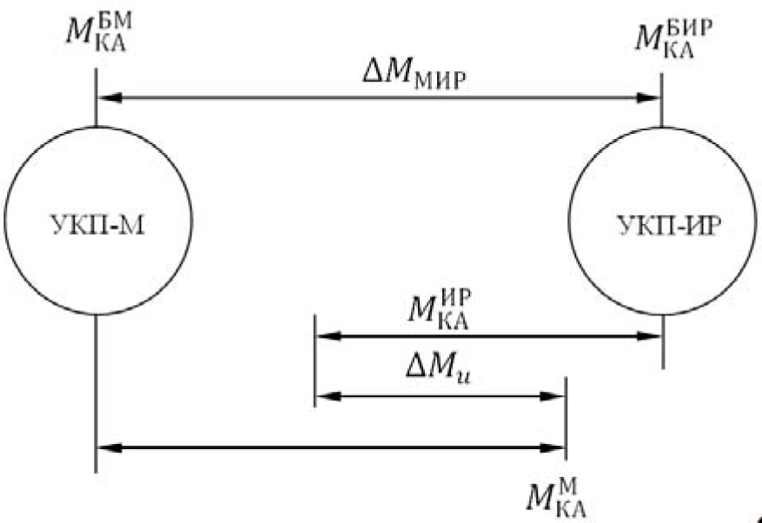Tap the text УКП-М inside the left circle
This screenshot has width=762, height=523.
(98, 225)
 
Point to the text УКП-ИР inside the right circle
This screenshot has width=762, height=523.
(669, 225)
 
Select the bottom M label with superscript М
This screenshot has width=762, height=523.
(557, 497)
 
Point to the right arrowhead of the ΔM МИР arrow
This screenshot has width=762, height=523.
(649, 97)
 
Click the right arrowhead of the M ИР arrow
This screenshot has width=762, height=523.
(649, 335)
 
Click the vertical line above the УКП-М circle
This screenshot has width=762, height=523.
(96, 97)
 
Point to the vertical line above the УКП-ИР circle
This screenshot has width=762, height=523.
(661, 101)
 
